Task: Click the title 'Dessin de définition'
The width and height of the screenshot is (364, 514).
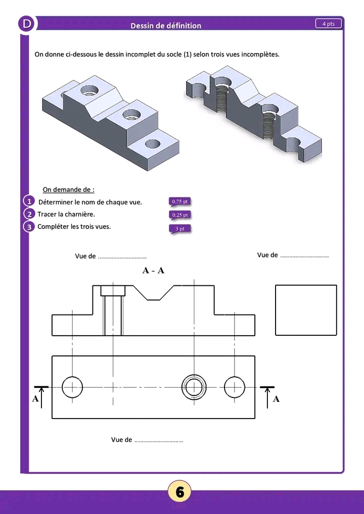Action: tap(166, 26)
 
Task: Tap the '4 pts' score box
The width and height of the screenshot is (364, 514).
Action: tap(329, 24)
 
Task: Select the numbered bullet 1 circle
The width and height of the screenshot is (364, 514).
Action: tap(30, 201)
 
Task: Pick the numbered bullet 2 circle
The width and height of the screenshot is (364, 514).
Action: tap(30, 214)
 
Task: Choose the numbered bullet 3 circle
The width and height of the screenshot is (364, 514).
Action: tap(30, 227)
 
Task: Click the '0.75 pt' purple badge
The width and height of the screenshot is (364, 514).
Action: tap(180, 202)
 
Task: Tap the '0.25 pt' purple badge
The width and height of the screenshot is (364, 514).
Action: tap(180, 215)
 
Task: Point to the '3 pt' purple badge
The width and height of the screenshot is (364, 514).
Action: tap(180, 229)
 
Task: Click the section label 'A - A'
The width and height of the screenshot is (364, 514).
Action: tap(154, 271)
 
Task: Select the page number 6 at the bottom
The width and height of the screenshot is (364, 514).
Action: tap(180, 491)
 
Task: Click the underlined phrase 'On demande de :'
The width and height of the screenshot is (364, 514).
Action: tap(68, 190)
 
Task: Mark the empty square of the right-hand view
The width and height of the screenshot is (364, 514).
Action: tap(306, 310)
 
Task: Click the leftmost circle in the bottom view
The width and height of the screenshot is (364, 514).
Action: tap(72, 387)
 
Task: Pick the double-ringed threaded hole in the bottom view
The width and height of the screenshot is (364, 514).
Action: tap(194, 387)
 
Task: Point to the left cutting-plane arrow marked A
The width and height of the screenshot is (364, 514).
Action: tap(41, 395)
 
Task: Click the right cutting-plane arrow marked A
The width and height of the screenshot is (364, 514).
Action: tap(267, 395)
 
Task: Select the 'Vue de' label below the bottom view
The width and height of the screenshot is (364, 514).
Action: tap(122, 440)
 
